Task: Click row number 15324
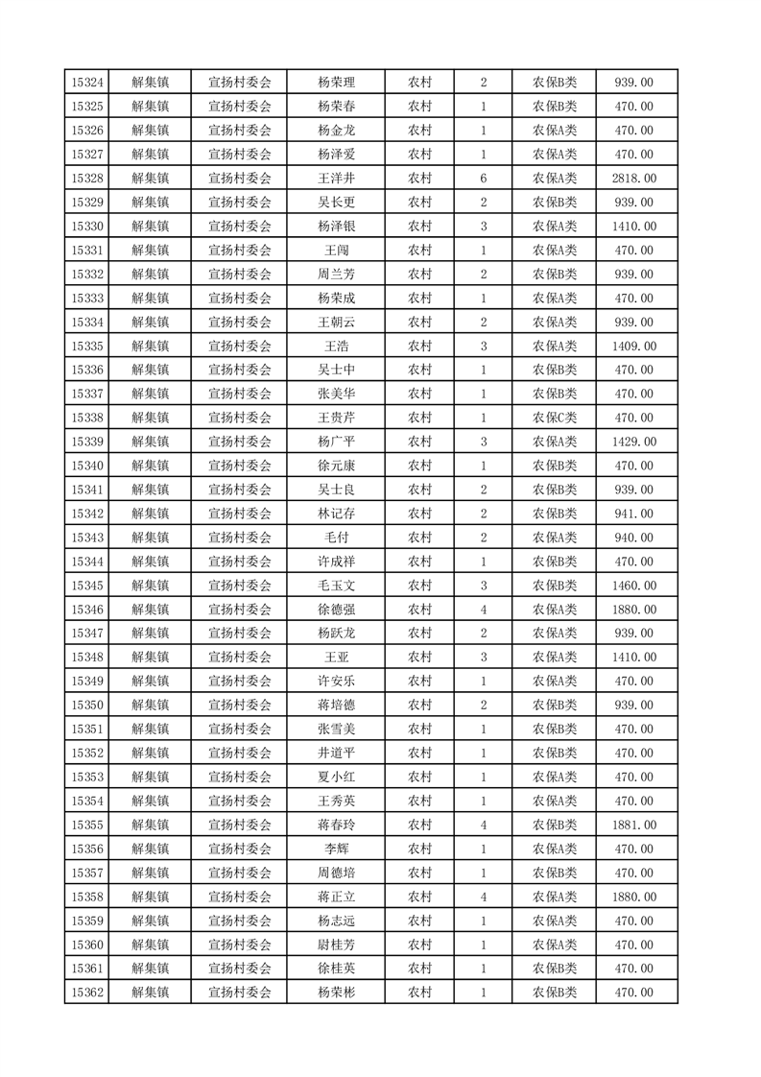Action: [87, 83]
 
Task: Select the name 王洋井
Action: [336, 179]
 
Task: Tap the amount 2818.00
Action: [633, 179]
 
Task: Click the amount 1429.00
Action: [633, 442]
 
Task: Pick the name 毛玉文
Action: [336, 586]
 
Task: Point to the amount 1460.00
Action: [633, 586]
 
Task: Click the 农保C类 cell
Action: [555, 418]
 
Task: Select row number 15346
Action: [87, 610]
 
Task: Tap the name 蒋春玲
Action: [336, 825]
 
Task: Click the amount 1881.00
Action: [633, 825]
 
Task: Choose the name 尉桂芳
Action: [336, 945]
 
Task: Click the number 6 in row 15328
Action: [484, 179]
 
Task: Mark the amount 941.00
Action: [633, 514]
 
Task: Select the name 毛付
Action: [336, 538]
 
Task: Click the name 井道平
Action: [336, 753]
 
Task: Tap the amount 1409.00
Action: [633, 346]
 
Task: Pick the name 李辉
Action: [336, 849]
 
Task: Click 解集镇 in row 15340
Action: [150, 466]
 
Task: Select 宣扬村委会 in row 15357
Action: [240, 873]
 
